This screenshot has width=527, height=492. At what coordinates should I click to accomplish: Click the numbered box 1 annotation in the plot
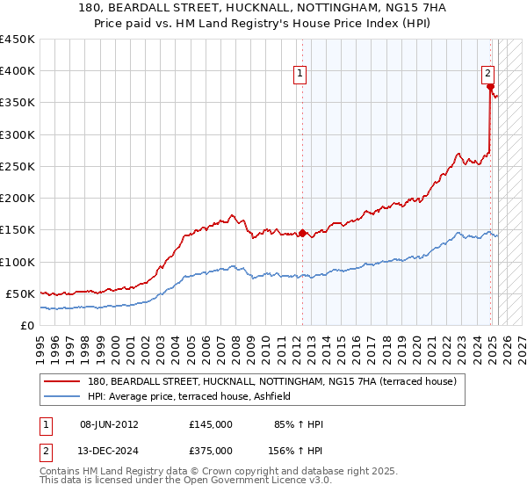(300, 74)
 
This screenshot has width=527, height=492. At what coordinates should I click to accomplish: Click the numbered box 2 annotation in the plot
(487, 74)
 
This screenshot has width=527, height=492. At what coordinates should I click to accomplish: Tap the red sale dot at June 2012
(302, 233)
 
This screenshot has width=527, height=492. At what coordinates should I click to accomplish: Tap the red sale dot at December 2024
(490, 86)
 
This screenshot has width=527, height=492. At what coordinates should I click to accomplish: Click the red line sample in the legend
(63, 382)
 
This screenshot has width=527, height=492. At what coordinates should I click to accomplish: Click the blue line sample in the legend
(63, 397)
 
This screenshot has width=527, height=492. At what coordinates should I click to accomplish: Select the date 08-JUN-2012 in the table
(109, 424)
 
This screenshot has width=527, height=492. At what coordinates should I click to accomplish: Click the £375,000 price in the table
(211, 451)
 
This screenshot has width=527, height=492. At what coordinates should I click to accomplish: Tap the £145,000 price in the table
(211, 424)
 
